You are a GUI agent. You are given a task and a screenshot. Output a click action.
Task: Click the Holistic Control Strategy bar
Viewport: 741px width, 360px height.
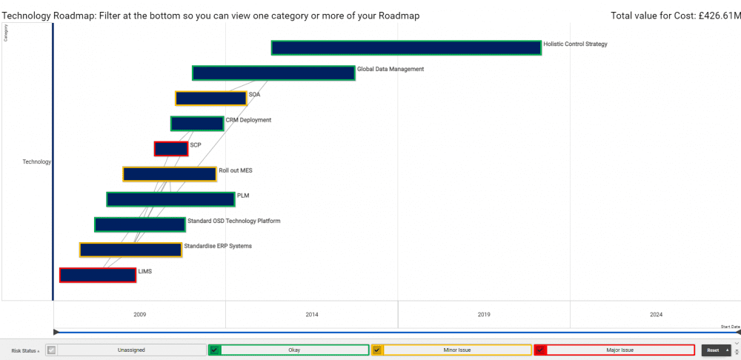[x=406, y=47]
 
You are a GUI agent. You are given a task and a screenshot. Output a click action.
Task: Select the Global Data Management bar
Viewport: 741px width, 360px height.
[x=273, y=73]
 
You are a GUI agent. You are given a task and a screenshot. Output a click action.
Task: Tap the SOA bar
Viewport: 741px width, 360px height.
[x=210, y=99]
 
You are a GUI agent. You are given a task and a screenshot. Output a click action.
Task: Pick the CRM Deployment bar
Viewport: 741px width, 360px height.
[x=196, y=124]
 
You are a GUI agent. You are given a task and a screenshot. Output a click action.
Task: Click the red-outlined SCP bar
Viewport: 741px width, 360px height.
[x=170, y=149]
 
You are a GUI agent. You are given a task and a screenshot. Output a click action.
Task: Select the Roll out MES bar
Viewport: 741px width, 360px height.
[x=170, y=174]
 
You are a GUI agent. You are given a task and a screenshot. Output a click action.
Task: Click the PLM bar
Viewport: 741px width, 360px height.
[x=170, y=199]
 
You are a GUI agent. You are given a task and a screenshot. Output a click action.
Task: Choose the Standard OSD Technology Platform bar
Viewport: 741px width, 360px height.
[x=139, y=224]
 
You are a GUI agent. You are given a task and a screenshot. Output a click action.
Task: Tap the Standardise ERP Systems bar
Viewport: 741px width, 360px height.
[x=130, y=250]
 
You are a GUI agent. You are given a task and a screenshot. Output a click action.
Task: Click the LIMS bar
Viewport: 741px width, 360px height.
[x=97, y=275]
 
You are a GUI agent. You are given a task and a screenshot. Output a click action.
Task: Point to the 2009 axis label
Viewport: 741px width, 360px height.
[x=139, y=315]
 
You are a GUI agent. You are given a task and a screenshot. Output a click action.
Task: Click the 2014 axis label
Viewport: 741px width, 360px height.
[x=312, y=315]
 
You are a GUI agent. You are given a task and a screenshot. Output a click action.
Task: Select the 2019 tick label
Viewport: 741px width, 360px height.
[x=484, y=315]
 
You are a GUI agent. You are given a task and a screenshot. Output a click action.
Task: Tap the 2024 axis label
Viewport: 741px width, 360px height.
[x=657, y=315]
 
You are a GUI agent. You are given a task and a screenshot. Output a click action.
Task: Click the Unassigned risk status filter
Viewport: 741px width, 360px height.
[x=130, y=350]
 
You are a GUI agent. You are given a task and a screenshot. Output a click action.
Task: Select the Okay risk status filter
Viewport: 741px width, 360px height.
[x=294, y=350]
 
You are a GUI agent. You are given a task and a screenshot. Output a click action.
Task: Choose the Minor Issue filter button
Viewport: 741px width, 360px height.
[x=457, y=350]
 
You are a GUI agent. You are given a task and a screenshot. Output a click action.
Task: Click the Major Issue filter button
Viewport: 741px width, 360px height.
[x=620, y=350]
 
